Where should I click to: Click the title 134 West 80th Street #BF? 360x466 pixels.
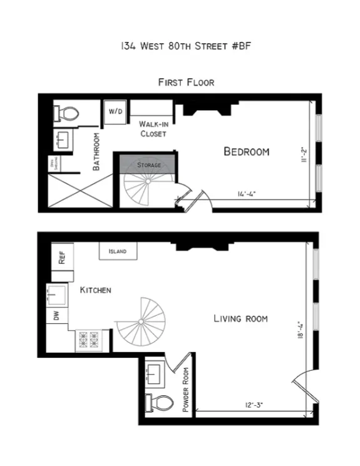coord(179,46)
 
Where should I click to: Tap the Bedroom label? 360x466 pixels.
coord(247,151)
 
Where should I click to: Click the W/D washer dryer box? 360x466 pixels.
coord(116,111)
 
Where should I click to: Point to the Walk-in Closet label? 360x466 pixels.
coord(153,129)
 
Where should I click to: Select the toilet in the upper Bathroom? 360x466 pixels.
coord(67,113)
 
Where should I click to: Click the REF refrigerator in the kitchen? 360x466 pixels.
coord(63,257)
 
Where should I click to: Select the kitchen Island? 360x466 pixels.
coord(117,251)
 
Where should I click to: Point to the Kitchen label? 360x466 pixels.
coord(95,290)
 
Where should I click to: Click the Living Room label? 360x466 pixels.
coord(240,319)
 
